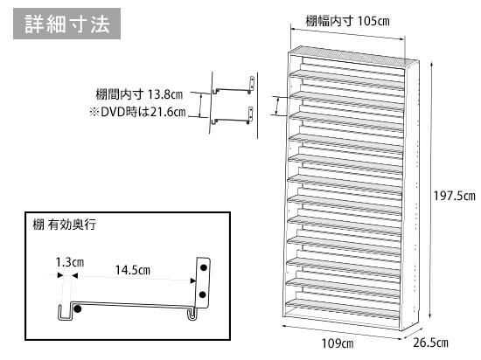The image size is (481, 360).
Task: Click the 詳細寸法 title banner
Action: [x=66, y=24]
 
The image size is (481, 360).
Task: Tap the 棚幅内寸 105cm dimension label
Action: [x=347, y=21]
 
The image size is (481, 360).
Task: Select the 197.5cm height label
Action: [x=454, y=196]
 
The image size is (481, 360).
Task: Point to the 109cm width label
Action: [x=338, y=343]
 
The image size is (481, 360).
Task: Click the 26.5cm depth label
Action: [x=430, y=343]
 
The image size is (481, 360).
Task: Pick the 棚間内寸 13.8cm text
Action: [x=139, y=94]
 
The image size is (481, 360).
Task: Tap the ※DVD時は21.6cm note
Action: [x=137, y=112]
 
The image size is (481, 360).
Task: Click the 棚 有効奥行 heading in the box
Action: [x=65, y=225]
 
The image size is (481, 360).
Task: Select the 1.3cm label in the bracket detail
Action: [x=70, y=262]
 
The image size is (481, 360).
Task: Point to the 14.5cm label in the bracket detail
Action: [x=133, y=270]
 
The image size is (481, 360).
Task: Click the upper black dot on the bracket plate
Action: [x=204, y=267]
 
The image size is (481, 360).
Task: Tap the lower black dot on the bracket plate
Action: [x=203, y=294]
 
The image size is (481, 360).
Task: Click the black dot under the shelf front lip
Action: [x=78, y=308]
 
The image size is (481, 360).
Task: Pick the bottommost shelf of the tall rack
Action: [x=343, y=309]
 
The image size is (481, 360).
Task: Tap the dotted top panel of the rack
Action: [x=353, y=57]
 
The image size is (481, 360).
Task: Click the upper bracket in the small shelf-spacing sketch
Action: [x=234, y=87]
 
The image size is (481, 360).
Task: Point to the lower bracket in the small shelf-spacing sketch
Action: [x=233, y=116]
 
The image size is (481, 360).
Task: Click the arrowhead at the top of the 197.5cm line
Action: [x=431, y=65]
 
